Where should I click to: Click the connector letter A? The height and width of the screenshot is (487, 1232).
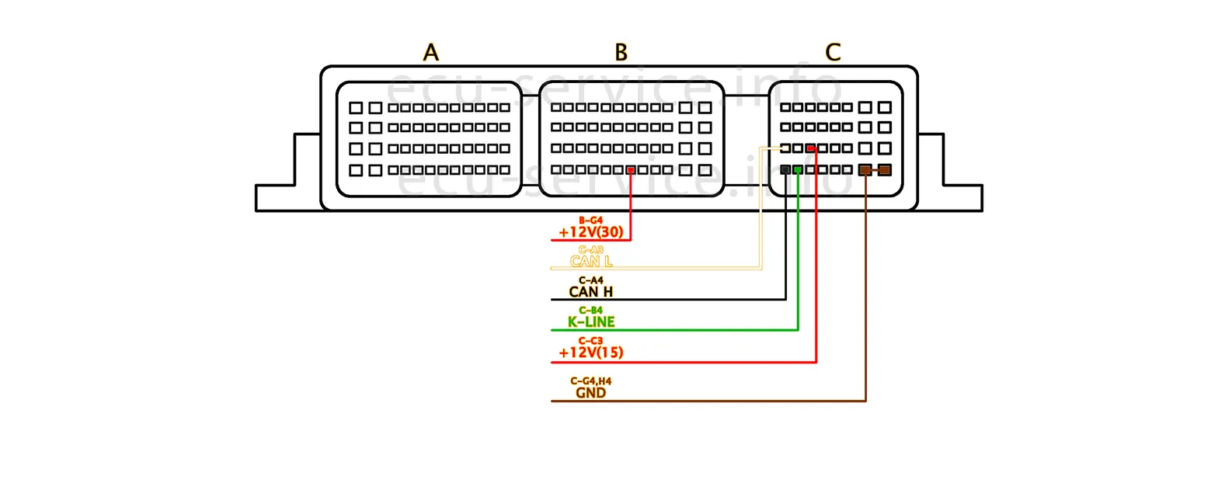point(431,53)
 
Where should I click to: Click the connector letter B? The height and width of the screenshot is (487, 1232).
point(621,53)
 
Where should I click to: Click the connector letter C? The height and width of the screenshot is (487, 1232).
point(833,53)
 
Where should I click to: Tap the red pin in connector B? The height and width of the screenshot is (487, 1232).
point(632,170)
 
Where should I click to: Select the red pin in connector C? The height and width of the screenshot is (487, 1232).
point(811,148)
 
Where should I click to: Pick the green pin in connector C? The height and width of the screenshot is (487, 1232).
point(798,169)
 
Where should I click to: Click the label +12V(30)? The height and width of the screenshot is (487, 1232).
point(591,232)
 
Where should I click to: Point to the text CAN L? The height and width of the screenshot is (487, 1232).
point(591,262)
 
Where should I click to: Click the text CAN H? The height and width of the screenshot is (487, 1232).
point(591,292)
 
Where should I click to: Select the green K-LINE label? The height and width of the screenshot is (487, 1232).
point(591,322)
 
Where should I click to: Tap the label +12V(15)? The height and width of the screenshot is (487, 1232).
point(591,353)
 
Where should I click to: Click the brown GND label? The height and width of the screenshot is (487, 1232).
point(591,393)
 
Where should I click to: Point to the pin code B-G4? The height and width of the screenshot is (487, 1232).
point(591,221)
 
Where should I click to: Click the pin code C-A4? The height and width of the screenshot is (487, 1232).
point(591,280)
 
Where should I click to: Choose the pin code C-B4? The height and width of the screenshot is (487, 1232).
point(591,311)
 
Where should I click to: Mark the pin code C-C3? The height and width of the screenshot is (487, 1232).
point(591,341)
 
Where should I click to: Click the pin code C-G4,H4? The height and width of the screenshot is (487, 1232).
point(591,381)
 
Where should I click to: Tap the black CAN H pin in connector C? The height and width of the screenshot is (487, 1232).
point(785,169)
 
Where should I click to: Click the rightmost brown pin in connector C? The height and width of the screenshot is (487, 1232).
point(885,170)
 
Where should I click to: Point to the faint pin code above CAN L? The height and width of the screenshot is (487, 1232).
point(591,250)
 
